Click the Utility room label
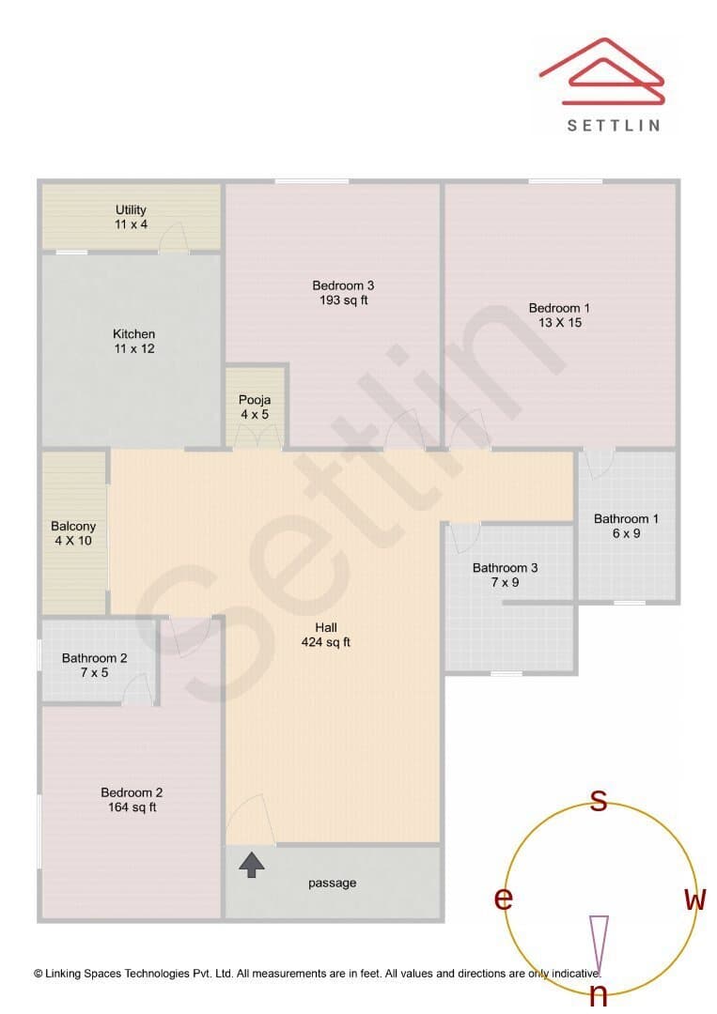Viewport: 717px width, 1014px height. click(x=131, y=217)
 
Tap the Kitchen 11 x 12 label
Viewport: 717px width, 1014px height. click(x=134, y=341)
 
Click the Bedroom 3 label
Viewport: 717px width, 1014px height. click(x=343, y=292)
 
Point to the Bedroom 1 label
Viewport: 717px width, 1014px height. click(x=559, y=315)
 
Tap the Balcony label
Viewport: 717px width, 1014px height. click(x=73, y=533)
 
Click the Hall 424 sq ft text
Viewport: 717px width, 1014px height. click(x=325, y=635)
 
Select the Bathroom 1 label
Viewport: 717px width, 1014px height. click(x=626, y=526)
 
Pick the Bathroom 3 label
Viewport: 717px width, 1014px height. click(x=505, y=575)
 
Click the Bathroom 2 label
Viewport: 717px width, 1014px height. click(x=95, y=665)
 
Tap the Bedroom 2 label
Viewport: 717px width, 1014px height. click(x=132, y=799)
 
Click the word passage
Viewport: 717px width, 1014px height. click(x=332, y=883)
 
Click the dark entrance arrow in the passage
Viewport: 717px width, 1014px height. click(x=252, y=866)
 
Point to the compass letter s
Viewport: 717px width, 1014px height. click(x=600, y=801)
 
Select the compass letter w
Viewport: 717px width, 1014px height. click(x=694, y=899)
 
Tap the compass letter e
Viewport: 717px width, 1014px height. click(x=504, y=899)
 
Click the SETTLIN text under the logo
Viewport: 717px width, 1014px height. click(x=614, y=126)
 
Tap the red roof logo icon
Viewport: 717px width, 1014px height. click(x=602, y=71)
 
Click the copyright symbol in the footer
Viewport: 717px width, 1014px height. click(x=39, y=974)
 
